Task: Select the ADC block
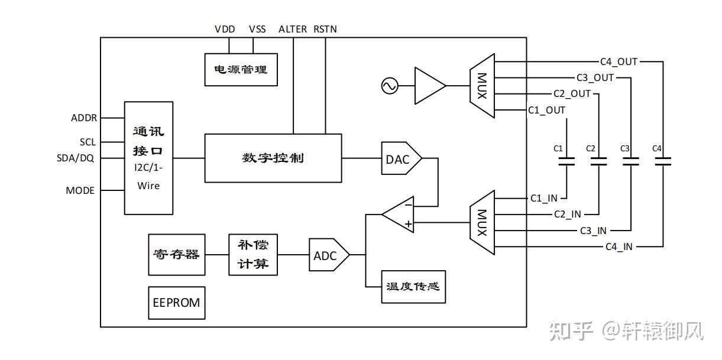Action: [328, 255]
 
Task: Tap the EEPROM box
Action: [176, 303]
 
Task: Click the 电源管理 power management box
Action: [241, 69]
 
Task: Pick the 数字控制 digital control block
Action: [273, 158]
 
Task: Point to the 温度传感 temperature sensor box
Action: [413, 287]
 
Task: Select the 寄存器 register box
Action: [176, 255]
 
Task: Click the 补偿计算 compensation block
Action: [253, 255]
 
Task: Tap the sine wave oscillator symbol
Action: [390, 86]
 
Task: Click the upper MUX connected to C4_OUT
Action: [481, 86]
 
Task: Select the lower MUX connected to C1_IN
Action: [481, 223]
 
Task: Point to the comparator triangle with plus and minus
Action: [400, 214]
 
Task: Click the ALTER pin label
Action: [292, 29]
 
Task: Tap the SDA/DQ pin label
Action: [75, 158]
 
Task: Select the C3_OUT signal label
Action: [595, 77]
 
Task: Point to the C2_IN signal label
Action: [567, 214]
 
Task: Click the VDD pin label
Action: [225, 29]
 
